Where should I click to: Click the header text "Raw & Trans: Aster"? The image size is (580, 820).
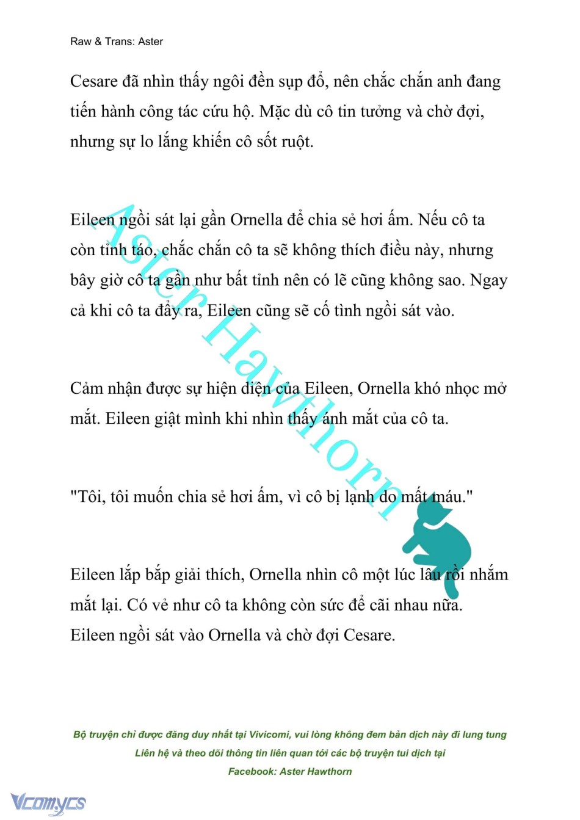click(x=117, y=42)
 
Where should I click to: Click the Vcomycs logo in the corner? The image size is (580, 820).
click(x=48, y=803)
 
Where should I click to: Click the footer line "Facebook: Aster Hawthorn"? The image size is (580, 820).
click(x=290, y=771)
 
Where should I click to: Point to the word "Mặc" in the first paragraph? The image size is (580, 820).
click(x=275, y=112)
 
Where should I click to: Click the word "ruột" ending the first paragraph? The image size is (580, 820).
click(x=296, y=142)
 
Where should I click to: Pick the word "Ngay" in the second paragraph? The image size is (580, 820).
click(x=488, y=280)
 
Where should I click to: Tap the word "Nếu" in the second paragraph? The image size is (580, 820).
click(x=433, y=220)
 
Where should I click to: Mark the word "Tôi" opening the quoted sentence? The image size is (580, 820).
click(x=90, y=496)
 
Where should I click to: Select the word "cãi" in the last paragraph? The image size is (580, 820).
click(x=384, y=605)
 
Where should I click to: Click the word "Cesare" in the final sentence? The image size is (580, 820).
click(x=368, y=635)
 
